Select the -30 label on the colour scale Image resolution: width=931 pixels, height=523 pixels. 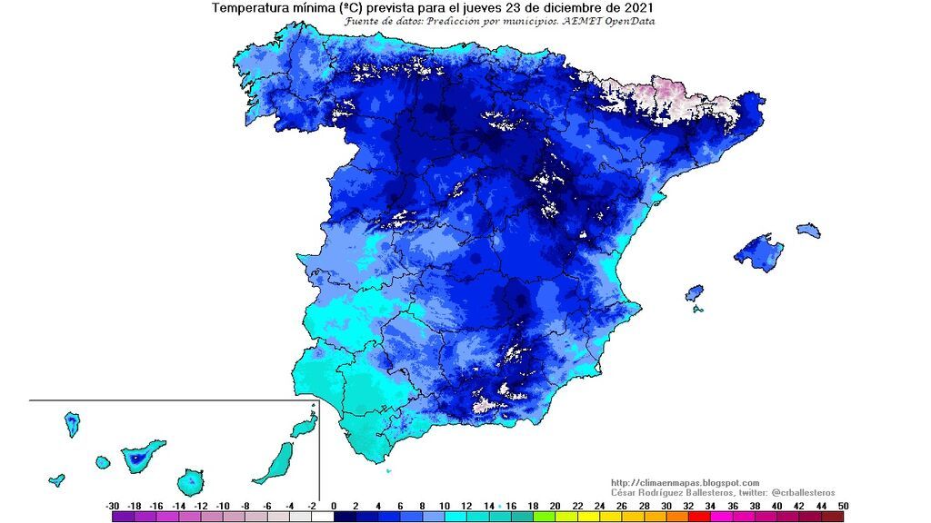click(113, 505)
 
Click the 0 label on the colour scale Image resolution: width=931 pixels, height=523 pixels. click(334, 505)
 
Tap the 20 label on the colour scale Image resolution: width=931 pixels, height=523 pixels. click(555, 505)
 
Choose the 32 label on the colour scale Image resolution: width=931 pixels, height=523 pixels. click(688, 505)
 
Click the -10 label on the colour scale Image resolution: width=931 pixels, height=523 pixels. click(223, 505)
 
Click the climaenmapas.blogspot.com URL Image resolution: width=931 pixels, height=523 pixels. click(685, 482)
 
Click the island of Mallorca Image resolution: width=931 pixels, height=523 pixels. click(759, 252)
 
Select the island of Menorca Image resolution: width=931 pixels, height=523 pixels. click(808, 231)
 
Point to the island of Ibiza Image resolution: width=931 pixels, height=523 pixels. click(695, 293)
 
